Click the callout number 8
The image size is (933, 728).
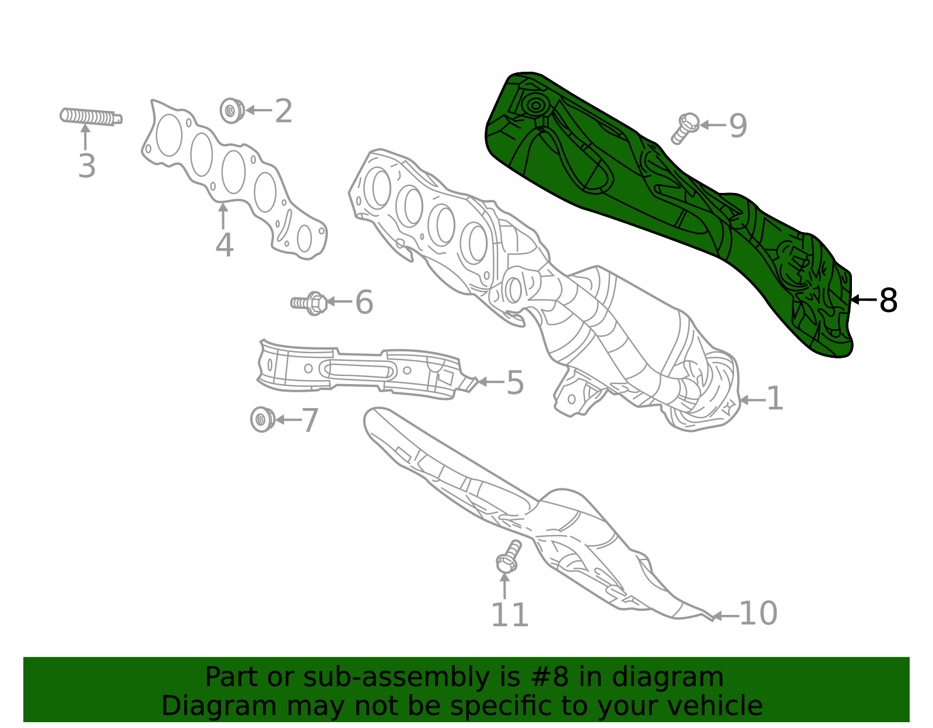point(888,301)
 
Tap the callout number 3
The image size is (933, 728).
point(87,166)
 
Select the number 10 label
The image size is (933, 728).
point(758,614)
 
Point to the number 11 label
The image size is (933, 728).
point(510,616)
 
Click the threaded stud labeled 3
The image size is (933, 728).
point(90,117)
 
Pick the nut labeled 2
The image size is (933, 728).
point(232,110)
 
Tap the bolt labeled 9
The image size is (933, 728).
point(685,128)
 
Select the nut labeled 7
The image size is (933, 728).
point(262,420)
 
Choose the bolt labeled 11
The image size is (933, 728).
point(507,557)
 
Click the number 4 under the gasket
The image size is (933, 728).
point(225,245)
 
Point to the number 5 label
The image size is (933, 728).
point(515,383)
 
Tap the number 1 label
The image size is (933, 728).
point(774,399)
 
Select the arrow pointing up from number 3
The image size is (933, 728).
point(86,139)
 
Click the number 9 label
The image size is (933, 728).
point(738,125)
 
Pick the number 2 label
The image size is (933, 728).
point(283,111)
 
